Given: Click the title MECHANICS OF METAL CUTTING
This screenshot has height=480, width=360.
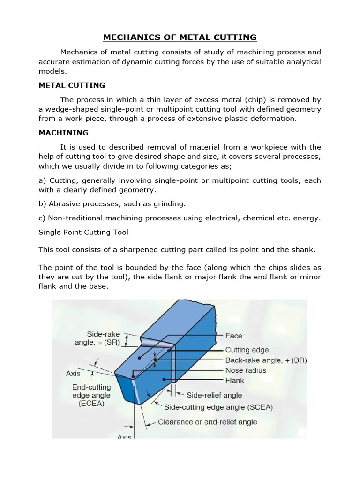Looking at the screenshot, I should (x=180, y=37).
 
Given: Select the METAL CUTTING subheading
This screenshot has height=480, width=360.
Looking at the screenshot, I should (x=71, y=85).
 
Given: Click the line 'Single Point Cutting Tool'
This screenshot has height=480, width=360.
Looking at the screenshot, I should (x=83, y=232).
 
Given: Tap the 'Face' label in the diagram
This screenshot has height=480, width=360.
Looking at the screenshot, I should (x=233, y=336).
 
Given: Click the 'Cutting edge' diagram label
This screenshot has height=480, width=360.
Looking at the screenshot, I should (x=247, y=350).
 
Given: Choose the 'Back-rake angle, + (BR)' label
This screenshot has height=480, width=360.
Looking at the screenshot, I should (x=266, y=360).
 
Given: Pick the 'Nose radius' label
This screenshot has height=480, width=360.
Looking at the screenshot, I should (x=246, y=370).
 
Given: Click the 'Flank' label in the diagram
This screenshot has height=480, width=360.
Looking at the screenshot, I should (x=235, y=381).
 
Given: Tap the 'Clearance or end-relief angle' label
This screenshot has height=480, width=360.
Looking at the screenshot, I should (x=208, y=422).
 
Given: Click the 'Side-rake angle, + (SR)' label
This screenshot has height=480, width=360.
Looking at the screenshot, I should (x=103, y=338).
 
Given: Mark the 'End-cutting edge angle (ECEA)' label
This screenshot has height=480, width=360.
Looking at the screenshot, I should (x=92, y=395).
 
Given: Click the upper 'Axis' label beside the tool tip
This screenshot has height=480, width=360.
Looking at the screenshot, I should (x=73, y=374).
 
